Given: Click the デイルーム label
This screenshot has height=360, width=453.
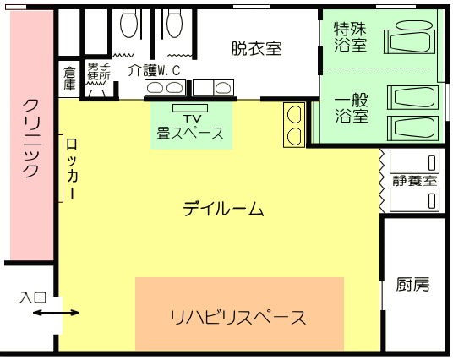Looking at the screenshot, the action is tap(223, 209).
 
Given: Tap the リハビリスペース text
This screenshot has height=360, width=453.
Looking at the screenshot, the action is tap(238, 318).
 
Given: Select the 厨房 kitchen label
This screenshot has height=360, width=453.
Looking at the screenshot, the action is tap(412, 284).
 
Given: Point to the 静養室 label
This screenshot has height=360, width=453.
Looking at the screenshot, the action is tap(415, 181).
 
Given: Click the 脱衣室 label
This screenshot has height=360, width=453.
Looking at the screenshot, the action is tap(256, 48).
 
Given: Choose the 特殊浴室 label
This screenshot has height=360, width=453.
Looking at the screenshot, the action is tap(350, 36).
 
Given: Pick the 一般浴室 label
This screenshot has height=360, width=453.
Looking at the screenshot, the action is tap(352, 108).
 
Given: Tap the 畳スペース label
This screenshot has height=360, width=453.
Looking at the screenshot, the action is tap(190, 134).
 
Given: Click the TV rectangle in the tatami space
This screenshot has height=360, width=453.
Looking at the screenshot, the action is tap(190, 108).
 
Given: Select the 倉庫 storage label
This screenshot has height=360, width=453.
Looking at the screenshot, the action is tap(69, 79).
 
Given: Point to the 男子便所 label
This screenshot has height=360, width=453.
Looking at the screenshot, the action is tap(99, 71).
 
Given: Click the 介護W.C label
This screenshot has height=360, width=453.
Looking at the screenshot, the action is tap(154, 70).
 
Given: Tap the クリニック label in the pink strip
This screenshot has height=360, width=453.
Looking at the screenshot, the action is tap(30, 139).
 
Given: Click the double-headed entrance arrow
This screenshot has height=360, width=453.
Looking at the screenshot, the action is tap(56, 313).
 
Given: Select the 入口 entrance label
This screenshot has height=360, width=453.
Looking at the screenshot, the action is tap(33, 297).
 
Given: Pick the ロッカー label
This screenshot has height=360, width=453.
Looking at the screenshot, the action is tap(72, 169).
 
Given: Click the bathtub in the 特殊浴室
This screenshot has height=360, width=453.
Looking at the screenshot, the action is tap(409, 41).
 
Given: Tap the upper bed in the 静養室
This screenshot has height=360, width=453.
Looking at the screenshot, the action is tap(414, 161).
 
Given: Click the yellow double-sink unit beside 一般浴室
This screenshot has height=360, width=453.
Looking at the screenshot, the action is tap(294, 125).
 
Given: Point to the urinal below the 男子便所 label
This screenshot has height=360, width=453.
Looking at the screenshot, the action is tap(97, 93).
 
